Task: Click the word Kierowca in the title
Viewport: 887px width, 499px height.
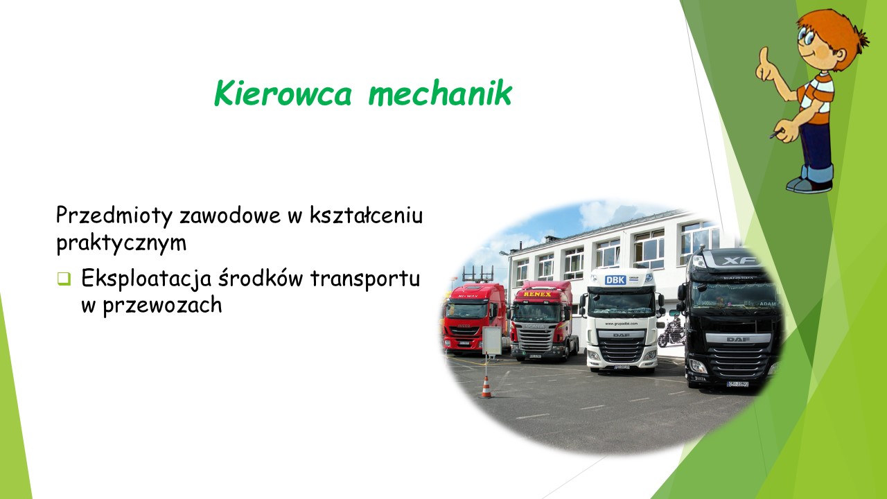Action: pyautogui.click(x=283, y=93)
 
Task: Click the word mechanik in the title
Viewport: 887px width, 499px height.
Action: pyautogui.click(x=440, y=93)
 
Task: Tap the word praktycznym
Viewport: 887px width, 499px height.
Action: pyautogui.click(x=121, y=243)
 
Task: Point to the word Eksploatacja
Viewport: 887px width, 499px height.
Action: pyautogui.click(x=146, y=279)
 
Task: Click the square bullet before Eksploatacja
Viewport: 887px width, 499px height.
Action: pyautogui.click(x=64, y=279)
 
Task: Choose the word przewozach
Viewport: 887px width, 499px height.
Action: pyautogui.click(x=162, y=306)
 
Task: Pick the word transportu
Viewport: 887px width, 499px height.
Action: pyautogui.click(x=365, y=278)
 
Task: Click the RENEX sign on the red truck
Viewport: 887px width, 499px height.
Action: pyautogui.click(x=537, y=295)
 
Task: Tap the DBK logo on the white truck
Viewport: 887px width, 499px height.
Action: pyautogui.click(x=615, y=280)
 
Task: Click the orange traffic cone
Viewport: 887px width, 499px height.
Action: pyautogui.click(x=486, y=387)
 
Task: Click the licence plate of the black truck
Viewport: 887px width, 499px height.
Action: pyautogui.click(x=738, y=384)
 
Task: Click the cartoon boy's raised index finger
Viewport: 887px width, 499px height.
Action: pyautogui.click(x=764, y=56)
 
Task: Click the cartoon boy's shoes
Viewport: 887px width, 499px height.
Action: pyautogui.click(x=810, y=185)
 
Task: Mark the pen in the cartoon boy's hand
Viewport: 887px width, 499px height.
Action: pyautogui.click(x=777, y=134)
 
